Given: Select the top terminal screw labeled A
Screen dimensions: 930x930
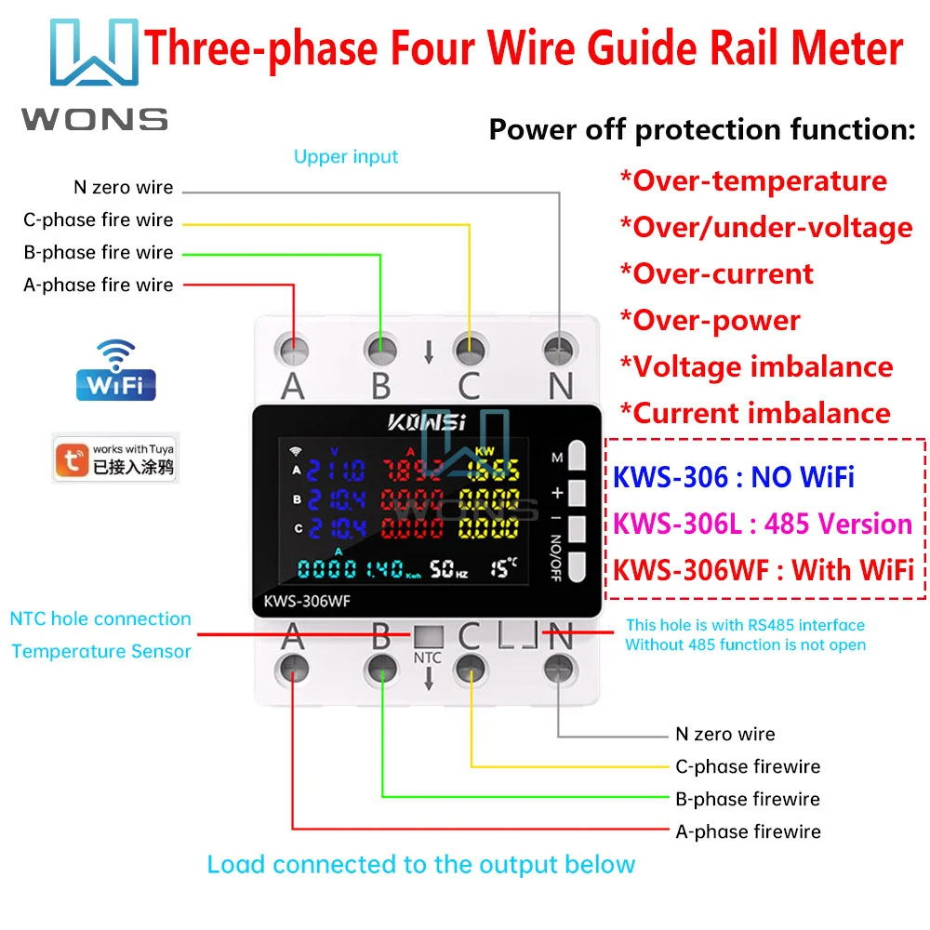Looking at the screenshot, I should [x=294, y=350].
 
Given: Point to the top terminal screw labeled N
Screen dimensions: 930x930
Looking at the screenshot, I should [x=560, y=350].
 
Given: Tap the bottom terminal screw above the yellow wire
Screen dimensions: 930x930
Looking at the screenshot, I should [x=471, y=666].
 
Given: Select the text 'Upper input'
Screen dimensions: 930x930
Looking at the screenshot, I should [x=346, y=156].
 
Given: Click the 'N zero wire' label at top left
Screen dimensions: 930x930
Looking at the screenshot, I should [x=124, y=188].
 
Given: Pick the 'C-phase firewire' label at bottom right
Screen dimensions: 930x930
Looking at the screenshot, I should [x=748, y=766].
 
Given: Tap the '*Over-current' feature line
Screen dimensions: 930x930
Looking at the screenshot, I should [x=717, y=273].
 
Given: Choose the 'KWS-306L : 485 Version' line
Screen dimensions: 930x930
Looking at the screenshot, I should [x=762, y=524].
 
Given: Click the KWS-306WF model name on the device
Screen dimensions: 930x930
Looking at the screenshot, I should [x=312, y=601].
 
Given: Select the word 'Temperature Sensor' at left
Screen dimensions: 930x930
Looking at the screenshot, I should [x=101, y=651].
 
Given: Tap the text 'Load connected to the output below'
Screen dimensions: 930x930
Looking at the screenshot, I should [x=420, y=864].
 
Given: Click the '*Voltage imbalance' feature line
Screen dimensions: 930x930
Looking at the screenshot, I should [x=757, y=366].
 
